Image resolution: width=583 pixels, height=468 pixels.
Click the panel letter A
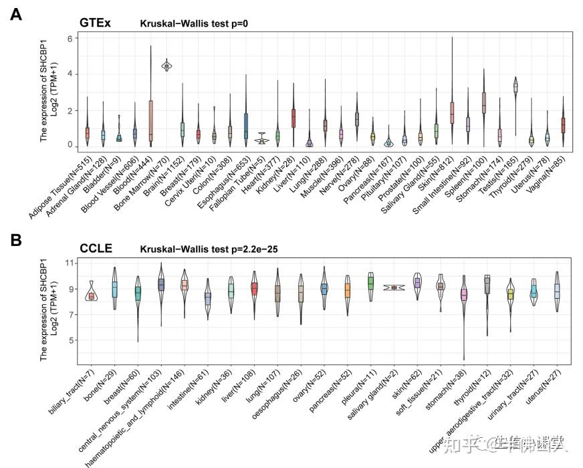click(15, 13)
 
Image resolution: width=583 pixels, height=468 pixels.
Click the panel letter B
click(15, 240)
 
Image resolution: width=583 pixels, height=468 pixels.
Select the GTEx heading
click(95, 23)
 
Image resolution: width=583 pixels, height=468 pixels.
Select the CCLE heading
click(96, 249)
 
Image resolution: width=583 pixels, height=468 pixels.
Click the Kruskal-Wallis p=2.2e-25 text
click(209, 249)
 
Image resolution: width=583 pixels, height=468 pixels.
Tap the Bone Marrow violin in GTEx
click(166, 65)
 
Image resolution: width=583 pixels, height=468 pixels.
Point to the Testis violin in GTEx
click(515, 87)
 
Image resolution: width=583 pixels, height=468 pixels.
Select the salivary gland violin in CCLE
click(394, 287)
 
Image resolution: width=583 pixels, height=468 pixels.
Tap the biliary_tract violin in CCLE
click(92, 294)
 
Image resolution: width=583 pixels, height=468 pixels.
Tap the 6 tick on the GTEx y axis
click(70, 39)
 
